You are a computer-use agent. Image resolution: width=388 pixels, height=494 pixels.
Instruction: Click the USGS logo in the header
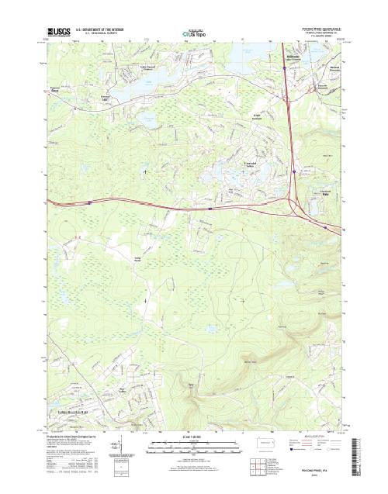click(58, 32)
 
